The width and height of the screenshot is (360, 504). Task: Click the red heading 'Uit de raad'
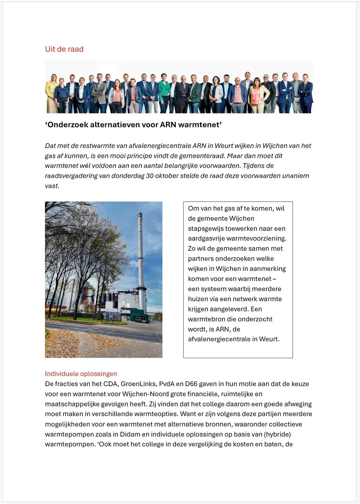coord(64,49)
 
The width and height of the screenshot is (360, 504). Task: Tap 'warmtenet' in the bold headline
coord(200,125)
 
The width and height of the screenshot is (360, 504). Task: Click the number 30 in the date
coord(150,176)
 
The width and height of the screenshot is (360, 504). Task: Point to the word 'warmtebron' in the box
coord(207,319)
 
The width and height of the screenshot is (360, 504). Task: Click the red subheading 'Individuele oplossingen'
coord(81,374)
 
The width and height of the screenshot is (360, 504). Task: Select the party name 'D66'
coord(191,384)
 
